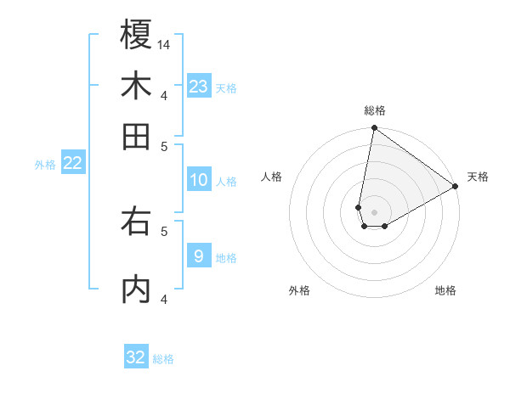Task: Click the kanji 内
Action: [x=136, y=289]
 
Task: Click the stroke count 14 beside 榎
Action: [x=165, y=44]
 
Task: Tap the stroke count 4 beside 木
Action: [x=164, y=94]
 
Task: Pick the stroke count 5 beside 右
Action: [x=164, y=229]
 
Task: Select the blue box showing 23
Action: [x=198, y=86]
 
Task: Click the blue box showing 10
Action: [x=198, y=180]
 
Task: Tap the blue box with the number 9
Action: [x=198, y=256]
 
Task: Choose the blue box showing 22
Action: [x=72, y=163]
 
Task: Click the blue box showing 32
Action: [x=136, y=357]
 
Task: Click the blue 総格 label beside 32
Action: [x=163, y=359]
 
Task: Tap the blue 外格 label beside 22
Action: [x=44, y=165]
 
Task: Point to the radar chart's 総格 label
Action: [x=374, y=110]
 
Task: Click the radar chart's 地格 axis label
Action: [x=445, y=291]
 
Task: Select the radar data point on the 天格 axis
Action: [x=456, y=187]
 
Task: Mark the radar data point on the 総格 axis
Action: [x=374, y=129]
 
